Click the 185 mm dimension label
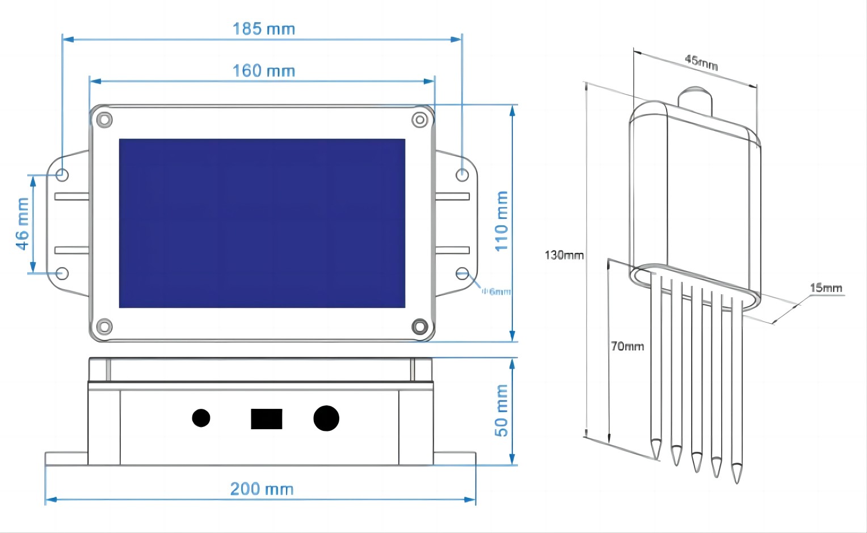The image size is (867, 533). (x=264, y=29)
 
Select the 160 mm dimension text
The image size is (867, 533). (x=264, y=71)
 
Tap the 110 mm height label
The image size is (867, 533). (x=502, y=221)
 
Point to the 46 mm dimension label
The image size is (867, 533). (x=22, y=223)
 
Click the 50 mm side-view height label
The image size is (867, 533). (x=502, y=411)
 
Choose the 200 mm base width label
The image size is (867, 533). (x=262, y=489)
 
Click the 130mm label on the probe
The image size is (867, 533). (x=564, y=255)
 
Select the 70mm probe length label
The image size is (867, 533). (x=628, y=346)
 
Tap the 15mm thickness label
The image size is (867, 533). (x=826, y=288)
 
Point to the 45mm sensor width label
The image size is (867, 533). (x=701, y=62)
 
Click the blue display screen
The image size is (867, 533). (x=262, y=223)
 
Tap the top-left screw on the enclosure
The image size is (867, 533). (x=104, y=120)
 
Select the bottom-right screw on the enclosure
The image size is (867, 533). (x=419, y=326)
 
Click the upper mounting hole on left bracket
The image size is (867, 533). (x=62, y=175)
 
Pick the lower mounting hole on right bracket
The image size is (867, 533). (x=462, y=274)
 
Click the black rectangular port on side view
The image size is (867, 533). (x=267, y=419)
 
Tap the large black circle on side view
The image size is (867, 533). (x=326, y=418)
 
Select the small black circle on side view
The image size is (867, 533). (x=201, y=418)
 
